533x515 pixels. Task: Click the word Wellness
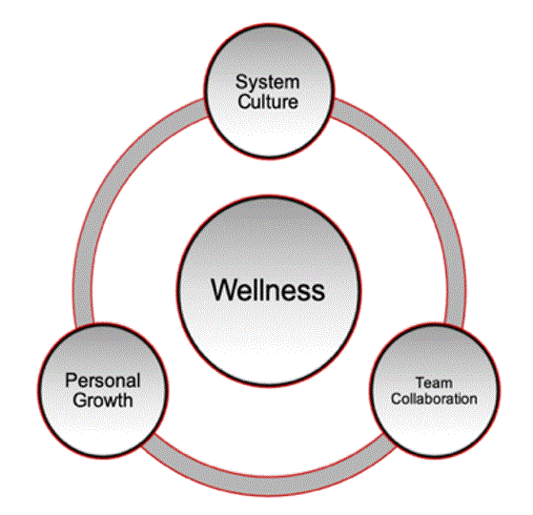[267, 288]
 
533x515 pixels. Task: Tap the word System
[267, 81]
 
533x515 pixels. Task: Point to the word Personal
[98, 381]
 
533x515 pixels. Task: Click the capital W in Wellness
[222, 288]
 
